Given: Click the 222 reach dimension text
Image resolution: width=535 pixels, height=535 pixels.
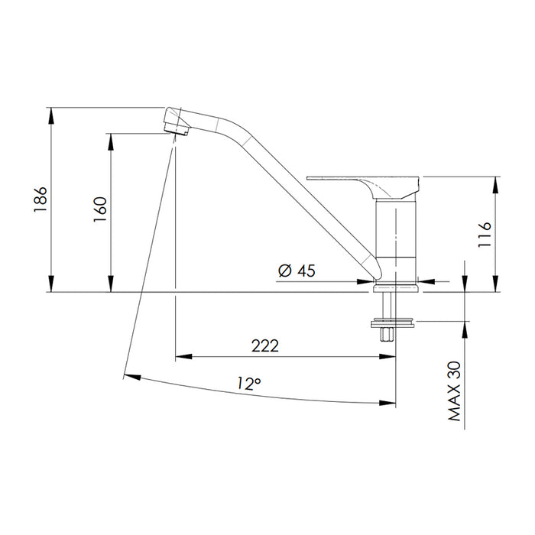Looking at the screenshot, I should point(264,345).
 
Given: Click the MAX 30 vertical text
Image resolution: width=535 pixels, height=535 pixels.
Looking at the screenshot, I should point(455,391).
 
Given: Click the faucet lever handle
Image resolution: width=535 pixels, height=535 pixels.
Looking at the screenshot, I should point(365,183).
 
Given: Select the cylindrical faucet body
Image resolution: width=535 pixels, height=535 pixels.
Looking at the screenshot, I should point(397,237).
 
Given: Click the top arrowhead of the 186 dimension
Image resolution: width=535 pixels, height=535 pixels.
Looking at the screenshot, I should point(51,112).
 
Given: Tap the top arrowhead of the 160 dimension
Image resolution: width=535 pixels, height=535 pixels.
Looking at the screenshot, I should point(112,138).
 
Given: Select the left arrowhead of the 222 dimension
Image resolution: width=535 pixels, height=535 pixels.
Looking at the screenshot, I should point(181,356).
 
